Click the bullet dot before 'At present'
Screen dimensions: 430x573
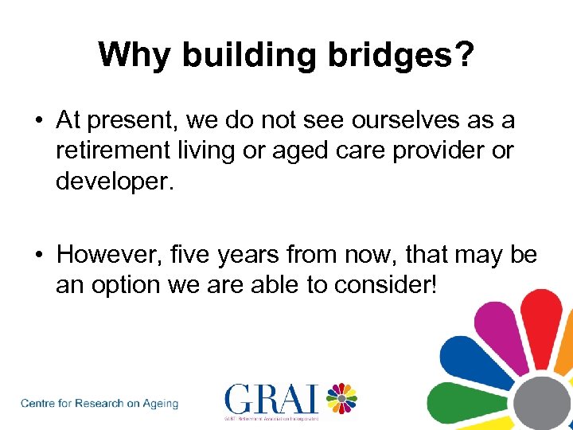tap(37, 121)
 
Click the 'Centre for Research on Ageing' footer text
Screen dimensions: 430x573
tap(99, 404)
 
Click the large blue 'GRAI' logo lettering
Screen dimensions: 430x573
tap(271, 397)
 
